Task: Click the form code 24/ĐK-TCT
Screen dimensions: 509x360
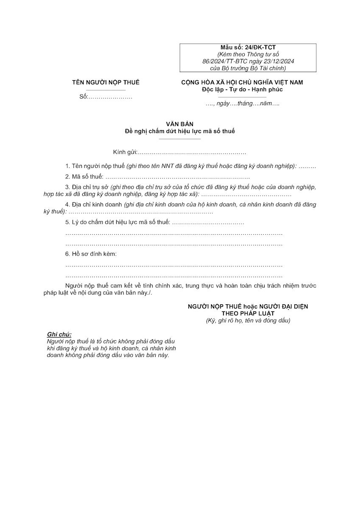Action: [x=260, y=48]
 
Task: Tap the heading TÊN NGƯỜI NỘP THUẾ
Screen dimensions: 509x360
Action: [x=106, y=83]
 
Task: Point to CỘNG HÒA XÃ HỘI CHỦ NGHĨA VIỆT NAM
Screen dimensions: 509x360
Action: [x=242, y=83]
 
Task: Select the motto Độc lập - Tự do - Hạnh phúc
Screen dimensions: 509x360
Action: [x=242, y=89]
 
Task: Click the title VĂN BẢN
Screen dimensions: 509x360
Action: [x=180, y=124]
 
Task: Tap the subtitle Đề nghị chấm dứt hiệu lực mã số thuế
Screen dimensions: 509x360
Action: [x=180, y=131]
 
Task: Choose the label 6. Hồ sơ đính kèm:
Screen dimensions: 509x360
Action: [x=91, y=254]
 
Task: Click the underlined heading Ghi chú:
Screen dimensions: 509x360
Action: [x=59, y=334]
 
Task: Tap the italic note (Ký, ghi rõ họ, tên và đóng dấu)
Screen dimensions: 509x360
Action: [x=248, y=320]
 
